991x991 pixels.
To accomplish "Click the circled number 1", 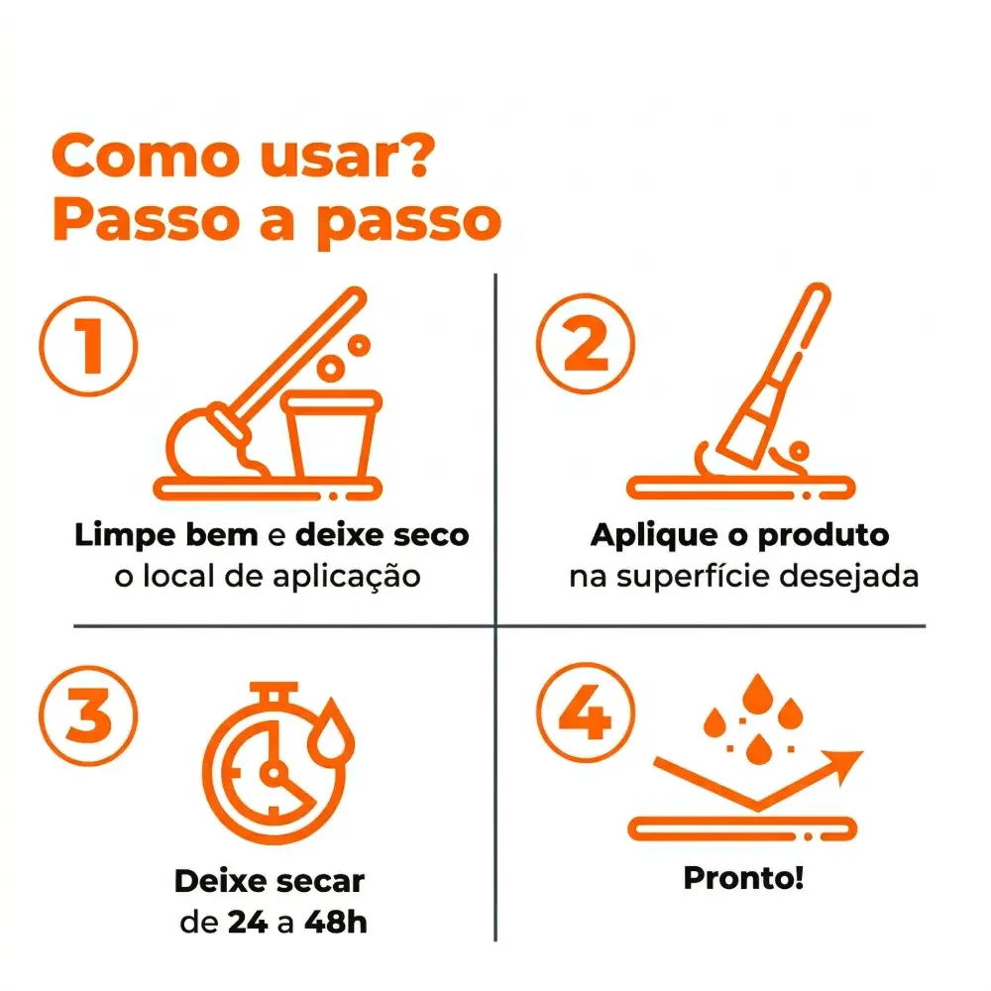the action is coord(88,346).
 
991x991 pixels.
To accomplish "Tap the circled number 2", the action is coord(586,344).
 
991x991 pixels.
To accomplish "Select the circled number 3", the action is coord(88,716).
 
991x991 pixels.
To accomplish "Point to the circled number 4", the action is coord(586,713).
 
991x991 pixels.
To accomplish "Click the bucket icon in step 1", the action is coord(331,434).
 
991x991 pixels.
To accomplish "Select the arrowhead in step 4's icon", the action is coord(843,765).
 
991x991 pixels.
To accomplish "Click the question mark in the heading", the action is coord(413,156).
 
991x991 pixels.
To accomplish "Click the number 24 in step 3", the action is coord(248,922).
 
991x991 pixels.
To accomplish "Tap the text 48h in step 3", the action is coord(336,922).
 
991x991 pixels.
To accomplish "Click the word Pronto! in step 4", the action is coord(743,878).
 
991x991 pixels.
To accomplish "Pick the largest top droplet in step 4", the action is coord(757,695).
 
